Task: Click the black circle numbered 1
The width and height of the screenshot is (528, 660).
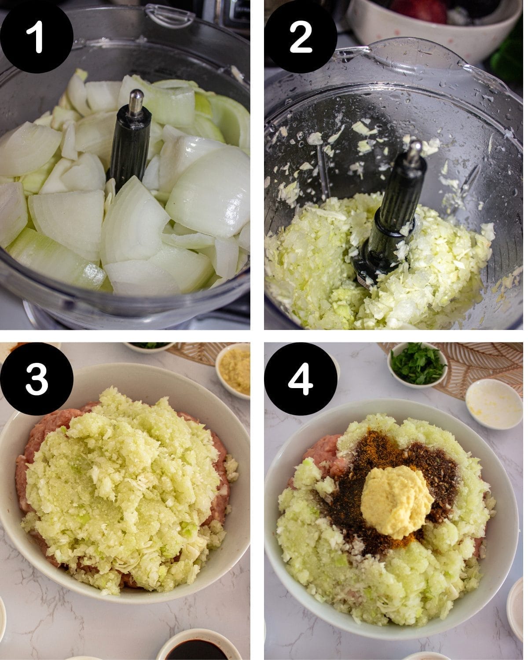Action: coord(37,37)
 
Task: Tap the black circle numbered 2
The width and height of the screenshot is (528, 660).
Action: coord(301,37)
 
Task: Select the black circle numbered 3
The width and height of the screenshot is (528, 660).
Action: coord(37,379)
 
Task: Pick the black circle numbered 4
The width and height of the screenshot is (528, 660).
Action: coord(301,379)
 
